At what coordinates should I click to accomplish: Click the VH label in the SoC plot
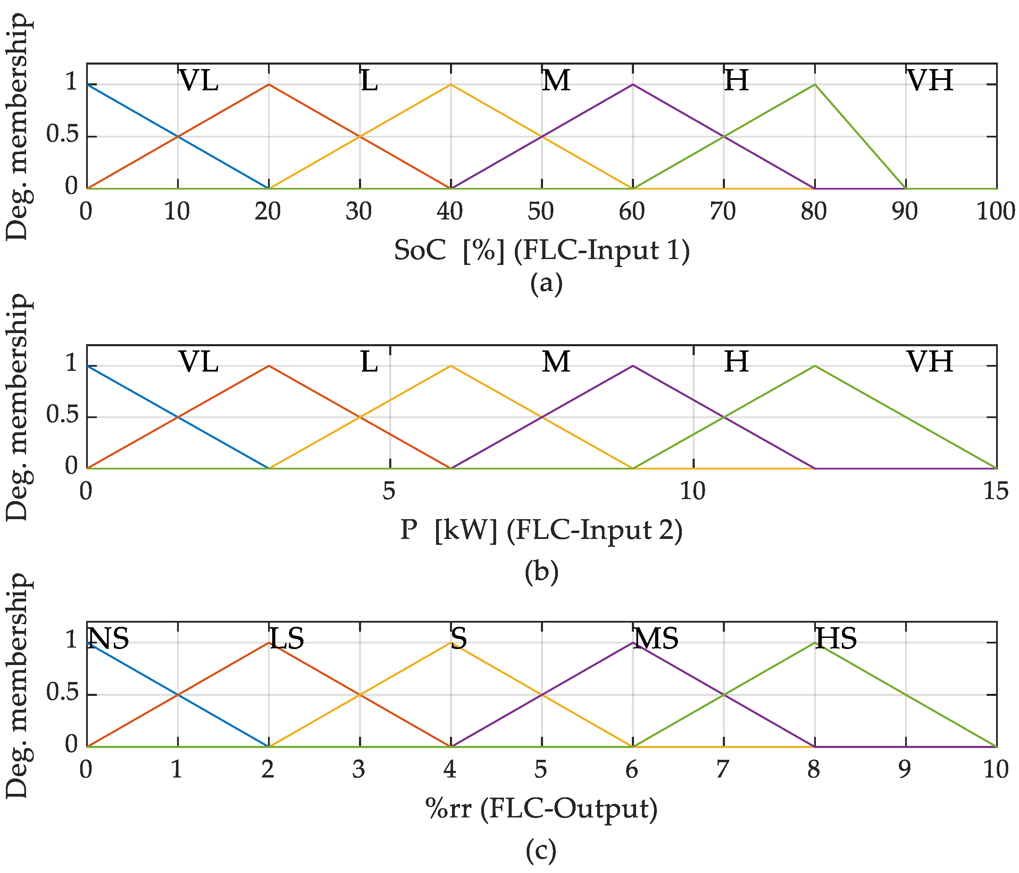click(929, 80)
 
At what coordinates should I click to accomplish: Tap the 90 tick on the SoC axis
click(905, 211)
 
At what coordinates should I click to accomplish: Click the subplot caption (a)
click(546, 284)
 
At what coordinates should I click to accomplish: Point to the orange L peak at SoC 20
click(268, 85)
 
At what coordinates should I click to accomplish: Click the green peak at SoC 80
click(815, 85)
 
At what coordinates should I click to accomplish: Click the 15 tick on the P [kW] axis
click(996, 491)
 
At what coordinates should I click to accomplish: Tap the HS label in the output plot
click(836, 638)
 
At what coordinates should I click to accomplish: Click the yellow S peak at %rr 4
click(451, 642)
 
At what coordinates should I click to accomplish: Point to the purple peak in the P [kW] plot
click(633, 366)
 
